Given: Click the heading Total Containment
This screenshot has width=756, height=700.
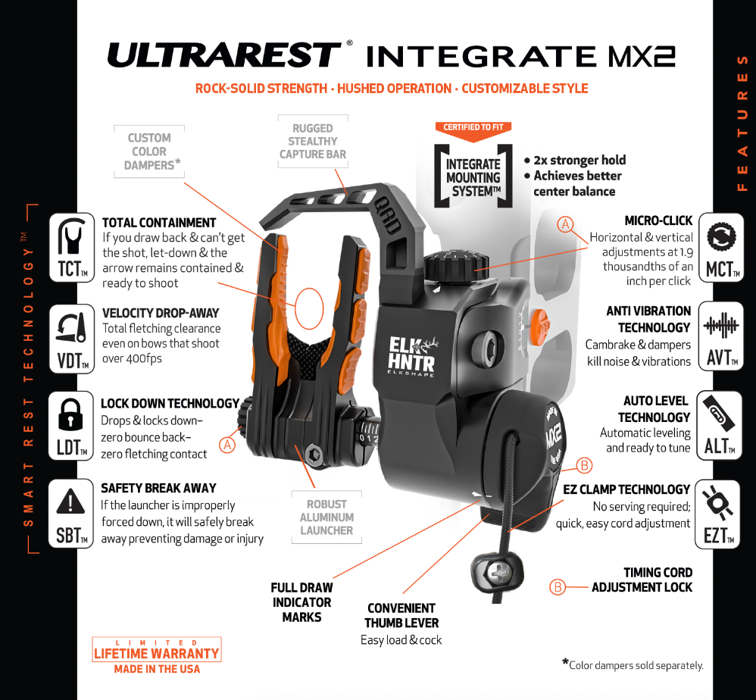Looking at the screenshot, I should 159,223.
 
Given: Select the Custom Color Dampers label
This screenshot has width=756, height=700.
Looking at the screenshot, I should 149,152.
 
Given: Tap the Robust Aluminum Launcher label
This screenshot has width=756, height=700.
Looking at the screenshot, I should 326,517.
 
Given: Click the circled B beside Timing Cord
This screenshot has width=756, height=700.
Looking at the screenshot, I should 558,587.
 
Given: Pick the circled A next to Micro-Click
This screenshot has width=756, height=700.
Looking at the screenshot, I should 565,224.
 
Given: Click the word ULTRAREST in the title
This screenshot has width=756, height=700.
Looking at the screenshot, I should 225,56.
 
